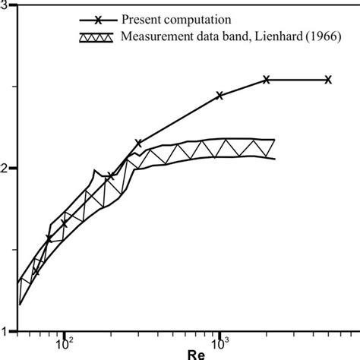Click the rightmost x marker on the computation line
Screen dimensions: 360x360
(328, 79)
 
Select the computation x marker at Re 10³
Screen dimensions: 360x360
(219, 96)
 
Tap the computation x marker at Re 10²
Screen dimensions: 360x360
(65, 223)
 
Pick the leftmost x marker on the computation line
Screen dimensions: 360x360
(35, 270)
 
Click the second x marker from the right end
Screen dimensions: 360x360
(267, 79)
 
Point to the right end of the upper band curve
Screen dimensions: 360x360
(273, 139)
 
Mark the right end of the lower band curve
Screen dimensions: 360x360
(273, 158)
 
